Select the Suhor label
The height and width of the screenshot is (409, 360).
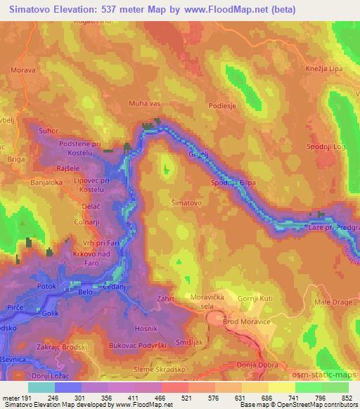[49, 131]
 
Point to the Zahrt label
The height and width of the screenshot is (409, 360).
[166, 299]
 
